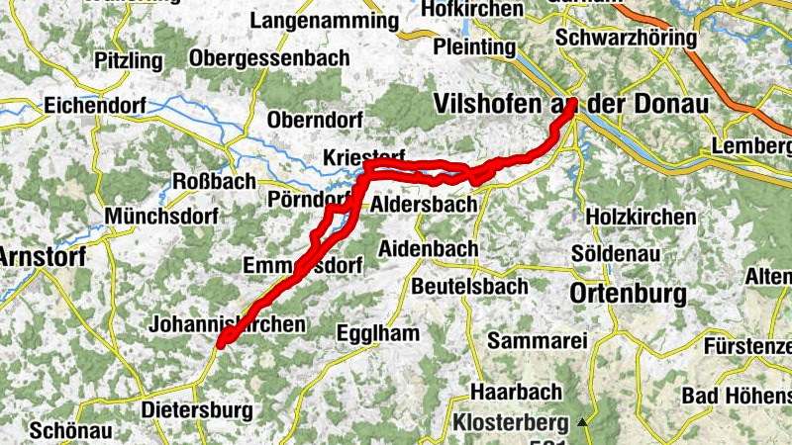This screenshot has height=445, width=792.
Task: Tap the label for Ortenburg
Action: pos(629,294)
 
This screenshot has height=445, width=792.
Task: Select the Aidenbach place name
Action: pos(429,248)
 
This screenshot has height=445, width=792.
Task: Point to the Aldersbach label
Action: pos(423,206)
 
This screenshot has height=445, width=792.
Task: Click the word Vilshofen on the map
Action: pos(480,104)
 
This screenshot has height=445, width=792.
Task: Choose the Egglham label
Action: pos(377,332)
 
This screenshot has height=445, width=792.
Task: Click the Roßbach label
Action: pos(214,181)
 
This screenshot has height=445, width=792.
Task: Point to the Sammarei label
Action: pos(538,341)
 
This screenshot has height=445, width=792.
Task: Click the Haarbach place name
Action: pos(516,392)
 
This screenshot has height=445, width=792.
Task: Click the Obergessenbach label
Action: pos(269,58)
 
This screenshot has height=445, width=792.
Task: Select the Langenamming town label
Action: pos(331,20)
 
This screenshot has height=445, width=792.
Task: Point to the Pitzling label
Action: pos(129,61)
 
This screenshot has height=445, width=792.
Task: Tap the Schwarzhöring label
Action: pos(627,38)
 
